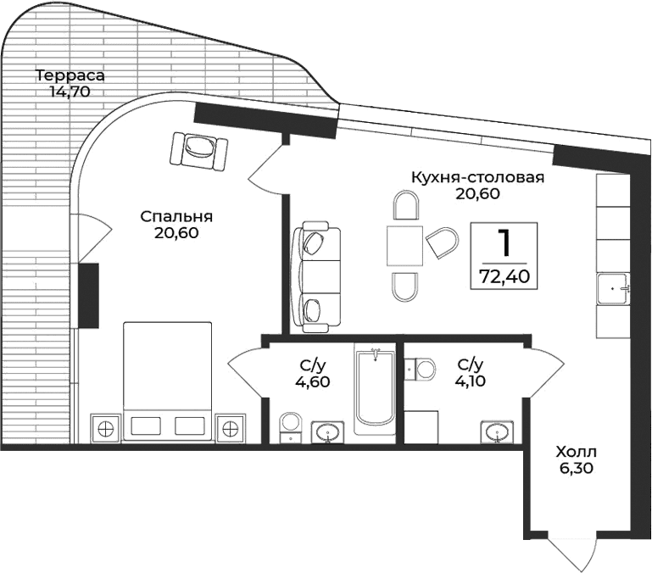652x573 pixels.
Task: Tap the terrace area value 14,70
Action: click(70, 91)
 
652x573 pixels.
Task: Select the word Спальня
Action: click(176, 216)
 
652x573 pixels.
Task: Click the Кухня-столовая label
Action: click(476, 177)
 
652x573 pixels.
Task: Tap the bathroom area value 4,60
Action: click(313, 381)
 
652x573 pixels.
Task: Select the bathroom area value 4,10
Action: click(470, 381)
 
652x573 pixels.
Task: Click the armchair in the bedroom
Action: click(199, 151)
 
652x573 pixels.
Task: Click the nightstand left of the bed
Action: click(106, 428)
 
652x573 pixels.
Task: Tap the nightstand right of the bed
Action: click(230, 428)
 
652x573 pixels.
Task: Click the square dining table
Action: click(404, 247)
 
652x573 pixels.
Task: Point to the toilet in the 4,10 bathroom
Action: click(419, 368)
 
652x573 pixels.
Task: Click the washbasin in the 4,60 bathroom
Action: click(326, 432)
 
